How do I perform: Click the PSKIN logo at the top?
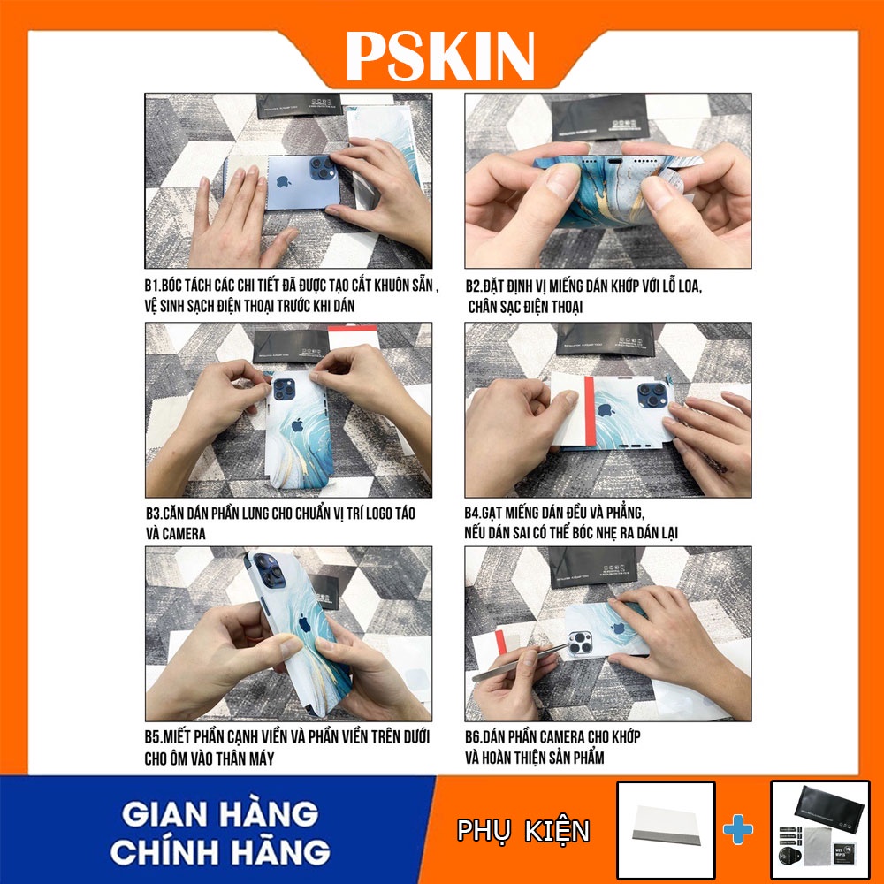pyautogui.click(x=440, y=56)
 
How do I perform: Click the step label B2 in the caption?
pyautogui.click(x=476, y=286)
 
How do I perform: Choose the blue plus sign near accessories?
pyautogui.click(x=739, y=829)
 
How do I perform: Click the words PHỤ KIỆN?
pyautogui.click(x=523, y=831)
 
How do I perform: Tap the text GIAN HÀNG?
pyautogui.click(x=220, y=812)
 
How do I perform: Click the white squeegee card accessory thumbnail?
pyautogui.click(x=665, y=830)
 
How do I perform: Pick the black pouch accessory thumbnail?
pyautogui.click(x=819, y=830)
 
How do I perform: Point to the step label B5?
pyautogui.click(x=156, y=736)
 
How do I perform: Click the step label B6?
pyautogui.click(x=476, y=736)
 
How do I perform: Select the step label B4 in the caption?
pyautogui.click(x=476, y=514)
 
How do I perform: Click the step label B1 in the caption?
pyautogui.click(x=156, y=286)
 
